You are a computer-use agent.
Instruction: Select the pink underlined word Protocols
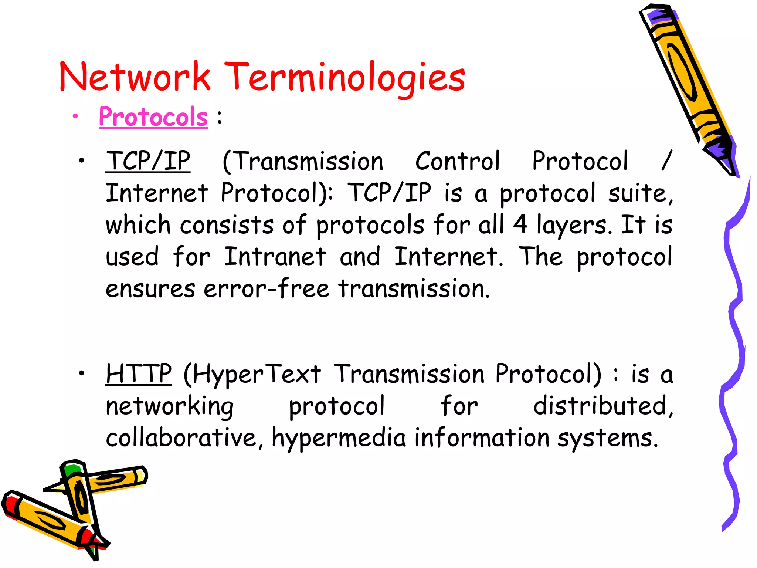tap(153, 117)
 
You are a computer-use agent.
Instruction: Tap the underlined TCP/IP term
tap(148, 161)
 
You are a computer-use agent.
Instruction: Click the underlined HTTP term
tap(139, 374)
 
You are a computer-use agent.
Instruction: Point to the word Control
tap(458, 161)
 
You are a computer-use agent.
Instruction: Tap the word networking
tap(170, 406)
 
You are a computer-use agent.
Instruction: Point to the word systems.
tap(608, 438)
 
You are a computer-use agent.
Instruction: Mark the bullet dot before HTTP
tap(82, 373)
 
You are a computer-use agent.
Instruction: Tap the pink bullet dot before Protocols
tap(75, 116)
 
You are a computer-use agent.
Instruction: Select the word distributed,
tap(603, 406)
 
